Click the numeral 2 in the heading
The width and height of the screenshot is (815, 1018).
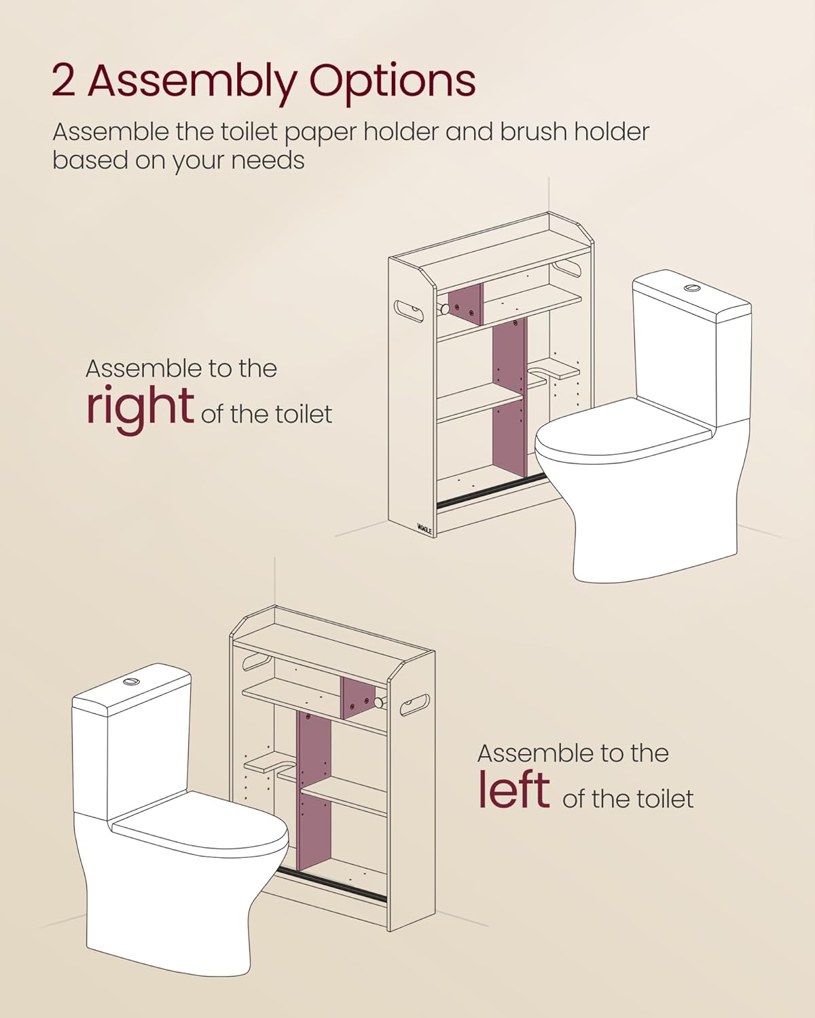(x=62, y=81)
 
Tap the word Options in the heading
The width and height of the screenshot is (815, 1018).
(x=392, y=82)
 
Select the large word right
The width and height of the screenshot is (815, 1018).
(x=140, y=406)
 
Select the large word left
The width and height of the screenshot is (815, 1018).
(x=513, y=790)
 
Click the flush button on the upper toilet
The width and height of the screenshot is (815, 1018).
(x=692, y=288)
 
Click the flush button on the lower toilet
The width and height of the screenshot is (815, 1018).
(x=131, y=681)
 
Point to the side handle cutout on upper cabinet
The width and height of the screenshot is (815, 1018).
(x=409, y=310)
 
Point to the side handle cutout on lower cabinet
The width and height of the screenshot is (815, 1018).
(x=415, y=704)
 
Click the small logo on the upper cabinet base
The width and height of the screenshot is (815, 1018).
(x=424, y=527)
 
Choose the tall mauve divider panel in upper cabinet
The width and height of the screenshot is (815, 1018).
(x=509, y=397)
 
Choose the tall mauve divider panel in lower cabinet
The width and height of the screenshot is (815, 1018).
(x=314, y=791)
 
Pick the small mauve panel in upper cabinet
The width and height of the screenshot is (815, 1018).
(x=465, y=304)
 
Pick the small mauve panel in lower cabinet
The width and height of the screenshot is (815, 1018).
(x=357, y=698)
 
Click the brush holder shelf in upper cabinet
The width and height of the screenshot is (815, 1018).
(x=556, y=369)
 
